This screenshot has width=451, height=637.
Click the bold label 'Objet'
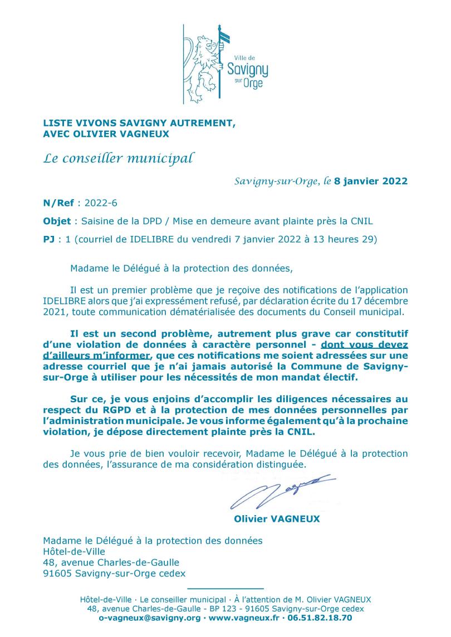pyautogui.click(x=57, y=221)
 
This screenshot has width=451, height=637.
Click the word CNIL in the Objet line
pyautogui.click(x=359, y=221)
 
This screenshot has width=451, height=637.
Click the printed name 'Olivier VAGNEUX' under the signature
pyautogui.click(x=277, y=519)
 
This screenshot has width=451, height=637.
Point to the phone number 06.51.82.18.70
pyautogui.click(x=321, y=618)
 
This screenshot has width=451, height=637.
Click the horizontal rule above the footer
pyautogui.click(x=225, y=588)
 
